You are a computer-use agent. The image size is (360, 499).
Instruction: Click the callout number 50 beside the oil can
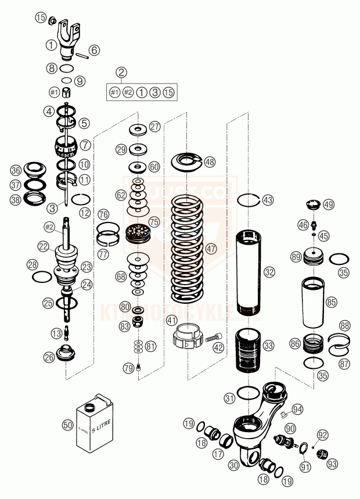tap(68, 425)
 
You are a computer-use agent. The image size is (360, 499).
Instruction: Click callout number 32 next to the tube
tap(269, 271)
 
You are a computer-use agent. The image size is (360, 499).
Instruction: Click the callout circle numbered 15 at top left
tap(40, 17)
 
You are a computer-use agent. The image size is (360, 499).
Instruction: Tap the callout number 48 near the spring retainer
tap(209, 162)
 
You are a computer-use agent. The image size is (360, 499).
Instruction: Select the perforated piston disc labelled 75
tap(138, 234)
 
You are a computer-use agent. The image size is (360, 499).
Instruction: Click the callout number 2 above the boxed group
tap(121, 73)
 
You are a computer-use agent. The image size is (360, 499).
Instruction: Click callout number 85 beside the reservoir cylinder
tap(331, 302)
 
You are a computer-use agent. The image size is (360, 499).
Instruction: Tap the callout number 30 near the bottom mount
tap(235, 465)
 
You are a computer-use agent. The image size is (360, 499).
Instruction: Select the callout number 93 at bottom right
tap(332, 464)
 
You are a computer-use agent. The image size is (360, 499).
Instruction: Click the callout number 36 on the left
tap(16, 170)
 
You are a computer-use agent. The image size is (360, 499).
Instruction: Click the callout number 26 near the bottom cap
tap(49, 357)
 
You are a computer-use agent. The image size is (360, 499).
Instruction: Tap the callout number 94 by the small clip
tap(297, 408)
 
